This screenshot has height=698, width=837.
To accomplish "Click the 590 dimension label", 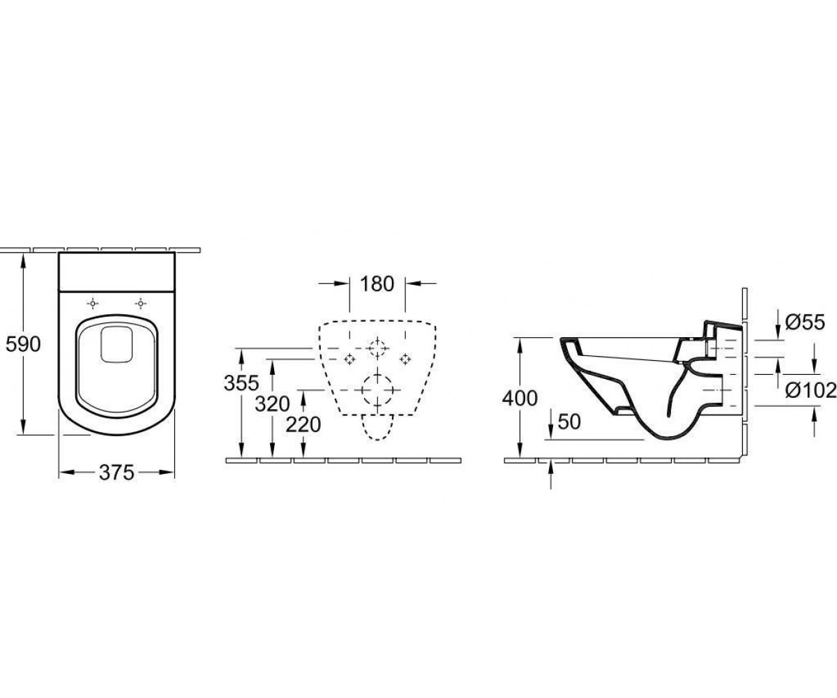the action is click(x=23, y=344).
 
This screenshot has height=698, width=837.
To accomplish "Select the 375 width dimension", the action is click(x=116, y=472).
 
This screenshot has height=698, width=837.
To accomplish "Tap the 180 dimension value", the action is click(x=377, y=284).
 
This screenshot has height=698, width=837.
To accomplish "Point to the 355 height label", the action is click(x=241, y=383).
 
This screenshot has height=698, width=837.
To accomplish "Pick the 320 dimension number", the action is click(x=273, y=404).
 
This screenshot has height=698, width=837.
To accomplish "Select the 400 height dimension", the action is click(x=520, y=399).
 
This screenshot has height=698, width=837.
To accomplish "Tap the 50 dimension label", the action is click(x=569, y=422).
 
